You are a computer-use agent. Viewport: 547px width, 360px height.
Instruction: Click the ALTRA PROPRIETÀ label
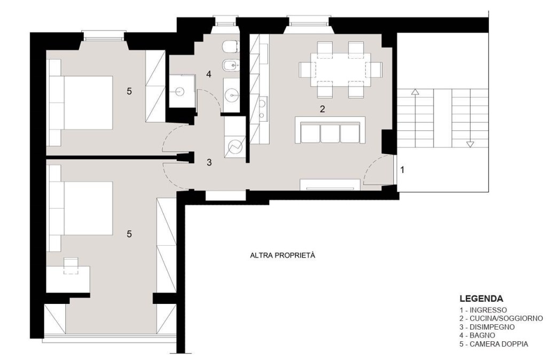[x=283, y=255]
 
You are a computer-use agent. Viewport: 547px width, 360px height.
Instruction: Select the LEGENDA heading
[x=481, y=299]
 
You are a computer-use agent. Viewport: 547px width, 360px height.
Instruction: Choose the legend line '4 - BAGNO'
[x=477, y=335]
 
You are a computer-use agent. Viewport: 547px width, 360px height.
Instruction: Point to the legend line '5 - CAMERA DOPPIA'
[x=494, y=344]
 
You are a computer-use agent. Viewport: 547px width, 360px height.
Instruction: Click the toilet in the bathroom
[x=231, y=47]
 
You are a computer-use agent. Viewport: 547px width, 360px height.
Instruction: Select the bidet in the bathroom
[x=231, y=65]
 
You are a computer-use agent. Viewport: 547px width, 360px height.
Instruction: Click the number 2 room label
[x=322, y=109]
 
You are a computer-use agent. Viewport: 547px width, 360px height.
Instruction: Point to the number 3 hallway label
[x=209, y=162]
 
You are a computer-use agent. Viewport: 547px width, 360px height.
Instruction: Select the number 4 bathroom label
[x=209, y=74]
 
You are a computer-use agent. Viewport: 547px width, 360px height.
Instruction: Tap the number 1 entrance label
[x=402, y=170]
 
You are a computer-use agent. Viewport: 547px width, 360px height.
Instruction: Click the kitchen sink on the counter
[x=262, y=108]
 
